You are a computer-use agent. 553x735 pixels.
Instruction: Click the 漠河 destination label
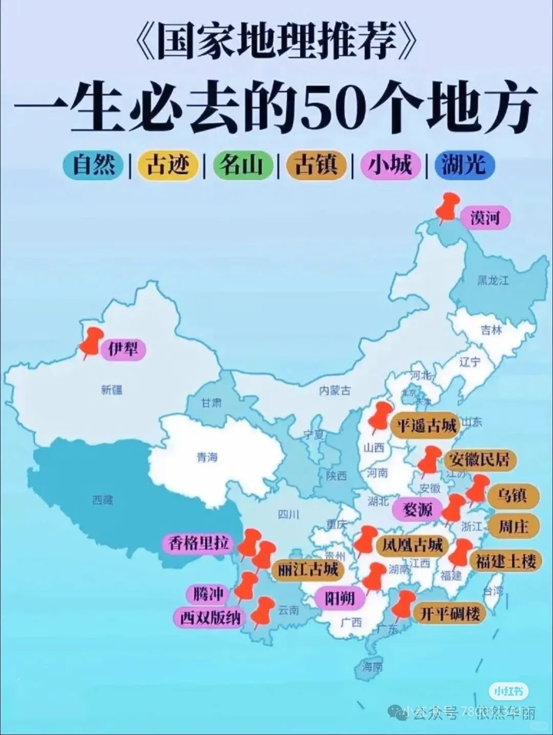coord(484,218)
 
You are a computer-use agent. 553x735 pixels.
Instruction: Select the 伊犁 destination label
coord(123,349)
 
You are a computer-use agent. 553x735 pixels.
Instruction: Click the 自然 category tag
coord(93,165)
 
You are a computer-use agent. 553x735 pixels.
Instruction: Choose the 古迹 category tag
coord(167,165)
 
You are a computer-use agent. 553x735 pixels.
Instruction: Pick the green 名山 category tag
coord(241,165)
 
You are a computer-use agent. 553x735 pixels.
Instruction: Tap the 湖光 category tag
coord(464,165)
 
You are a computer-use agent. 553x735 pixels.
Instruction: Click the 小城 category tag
coord(390,165)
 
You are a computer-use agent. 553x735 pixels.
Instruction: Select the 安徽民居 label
coord(479,459)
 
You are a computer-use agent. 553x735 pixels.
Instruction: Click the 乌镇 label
coord(512,495)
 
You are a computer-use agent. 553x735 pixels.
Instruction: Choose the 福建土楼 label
coord(506,561)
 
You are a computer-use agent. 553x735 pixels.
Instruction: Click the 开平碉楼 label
coord(450,613)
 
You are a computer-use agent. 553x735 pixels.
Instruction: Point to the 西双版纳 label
coord(210,618)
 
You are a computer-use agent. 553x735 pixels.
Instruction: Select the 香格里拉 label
coord(199,543)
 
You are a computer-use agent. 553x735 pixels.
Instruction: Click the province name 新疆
coord(112,390)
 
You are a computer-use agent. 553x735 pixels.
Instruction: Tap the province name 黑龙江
coord(493,280)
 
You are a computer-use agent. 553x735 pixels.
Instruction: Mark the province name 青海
coord(207,457)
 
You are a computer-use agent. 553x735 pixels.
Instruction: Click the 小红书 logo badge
coord(508,691)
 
